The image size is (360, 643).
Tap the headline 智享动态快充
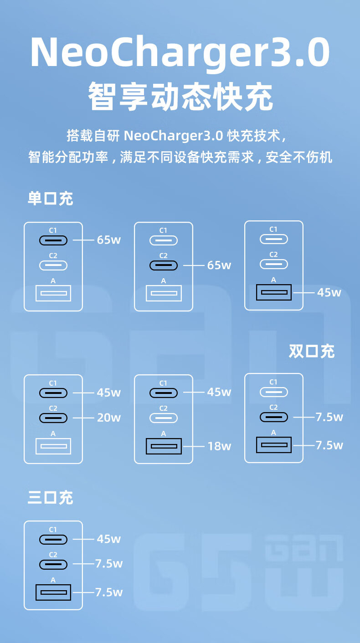(x=180, y=96)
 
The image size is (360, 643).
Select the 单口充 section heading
(x=50, y=199)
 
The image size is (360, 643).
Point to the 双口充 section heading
(x=312, y=351)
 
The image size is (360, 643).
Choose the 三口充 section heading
(x=50, y=497)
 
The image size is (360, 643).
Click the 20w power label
(x=108, y=418)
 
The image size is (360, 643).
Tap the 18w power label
(x=219, y=446)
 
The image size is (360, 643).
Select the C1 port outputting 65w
(x=53, y=240)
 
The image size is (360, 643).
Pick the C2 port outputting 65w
(x=164, y=265)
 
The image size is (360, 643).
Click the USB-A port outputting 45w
(x=273, y=292)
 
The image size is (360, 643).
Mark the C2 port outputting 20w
(x=53, y=418)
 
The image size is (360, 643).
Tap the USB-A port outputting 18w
(x=164, y=446)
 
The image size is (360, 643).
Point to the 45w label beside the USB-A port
(x=329, y=292)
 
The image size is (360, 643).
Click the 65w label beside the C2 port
(x=219, y=265)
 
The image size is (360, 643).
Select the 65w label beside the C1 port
(x=108, y=240)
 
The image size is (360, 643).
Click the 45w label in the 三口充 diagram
(x=108, y=539)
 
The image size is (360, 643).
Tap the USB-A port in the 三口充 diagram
(x=53, y=592)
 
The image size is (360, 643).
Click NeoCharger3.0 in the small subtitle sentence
(x=173, y=136)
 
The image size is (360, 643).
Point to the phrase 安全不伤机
(x=299, y=157)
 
